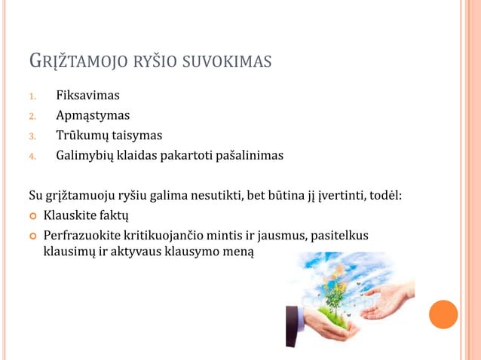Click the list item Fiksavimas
click(x=87, y=96)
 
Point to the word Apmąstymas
click(x=93, y=116)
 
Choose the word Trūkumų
click(x=82, y=136)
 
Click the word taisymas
click(x=137, y=136)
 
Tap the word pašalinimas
click(x=245, y=155)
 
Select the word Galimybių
click(x=85, y=155)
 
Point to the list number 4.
click(x=32, y=156)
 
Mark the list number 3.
click(x=32, y=136)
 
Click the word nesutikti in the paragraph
click(x=214, y=197)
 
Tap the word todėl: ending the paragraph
click(x=385, y=197)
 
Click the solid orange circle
click(x=443, y=313)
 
